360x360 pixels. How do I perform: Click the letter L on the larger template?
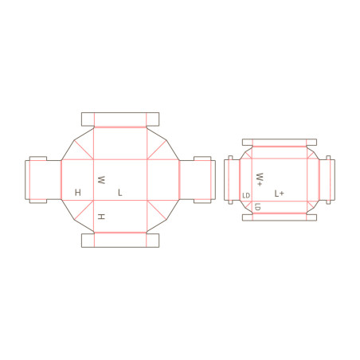tap(120, 193)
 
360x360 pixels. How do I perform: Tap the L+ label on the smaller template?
tap(279, 194)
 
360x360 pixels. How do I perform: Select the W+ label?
tap(260, 179)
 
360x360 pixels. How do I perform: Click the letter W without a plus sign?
tap(101, 180)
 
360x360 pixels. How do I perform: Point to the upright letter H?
tap(78, 192)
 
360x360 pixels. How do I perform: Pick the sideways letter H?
tap(101, 217)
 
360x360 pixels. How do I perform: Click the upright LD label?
tap(246, 196)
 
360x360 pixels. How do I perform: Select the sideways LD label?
tap(257, 206)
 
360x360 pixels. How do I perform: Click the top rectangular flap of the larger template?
tap(120, 119)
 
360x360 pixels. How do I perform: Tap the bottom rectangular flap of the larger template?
tap(120, 241)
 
